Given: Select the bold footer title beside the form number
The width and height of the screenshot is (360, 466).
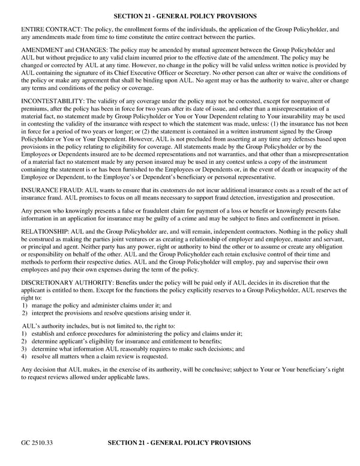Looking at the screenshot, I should coord(179,443).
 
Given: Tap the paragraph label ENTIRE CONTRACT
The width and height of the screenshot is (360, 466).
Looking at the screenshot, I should coord(51,29).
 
